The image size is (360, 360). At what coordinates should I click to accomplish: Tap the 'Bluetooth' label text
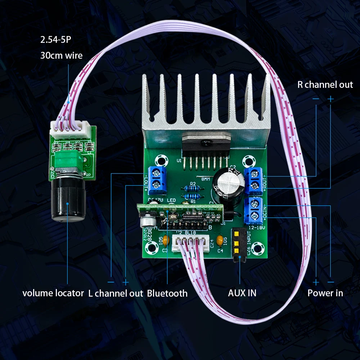tap(167, 293)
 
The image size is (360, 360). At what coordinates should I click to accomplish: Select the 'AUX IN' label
tap(242, 293)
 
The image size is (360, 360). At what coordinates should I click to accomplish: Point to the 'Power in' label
tap(325, 293)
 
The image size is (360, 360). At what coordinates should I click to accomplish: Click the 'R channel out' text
tap(325, 85)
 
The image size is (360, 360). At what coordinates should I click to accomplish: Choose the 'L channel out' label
tap(116, 293)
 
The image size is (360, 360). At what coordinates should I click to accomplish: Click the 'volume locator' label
tap(53, 293)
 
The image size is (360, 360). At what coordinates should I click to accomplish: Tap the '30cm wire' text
tap(61, 55)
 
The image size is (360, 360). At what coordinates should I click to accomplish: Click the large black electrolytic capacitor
tap(228, 185)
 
